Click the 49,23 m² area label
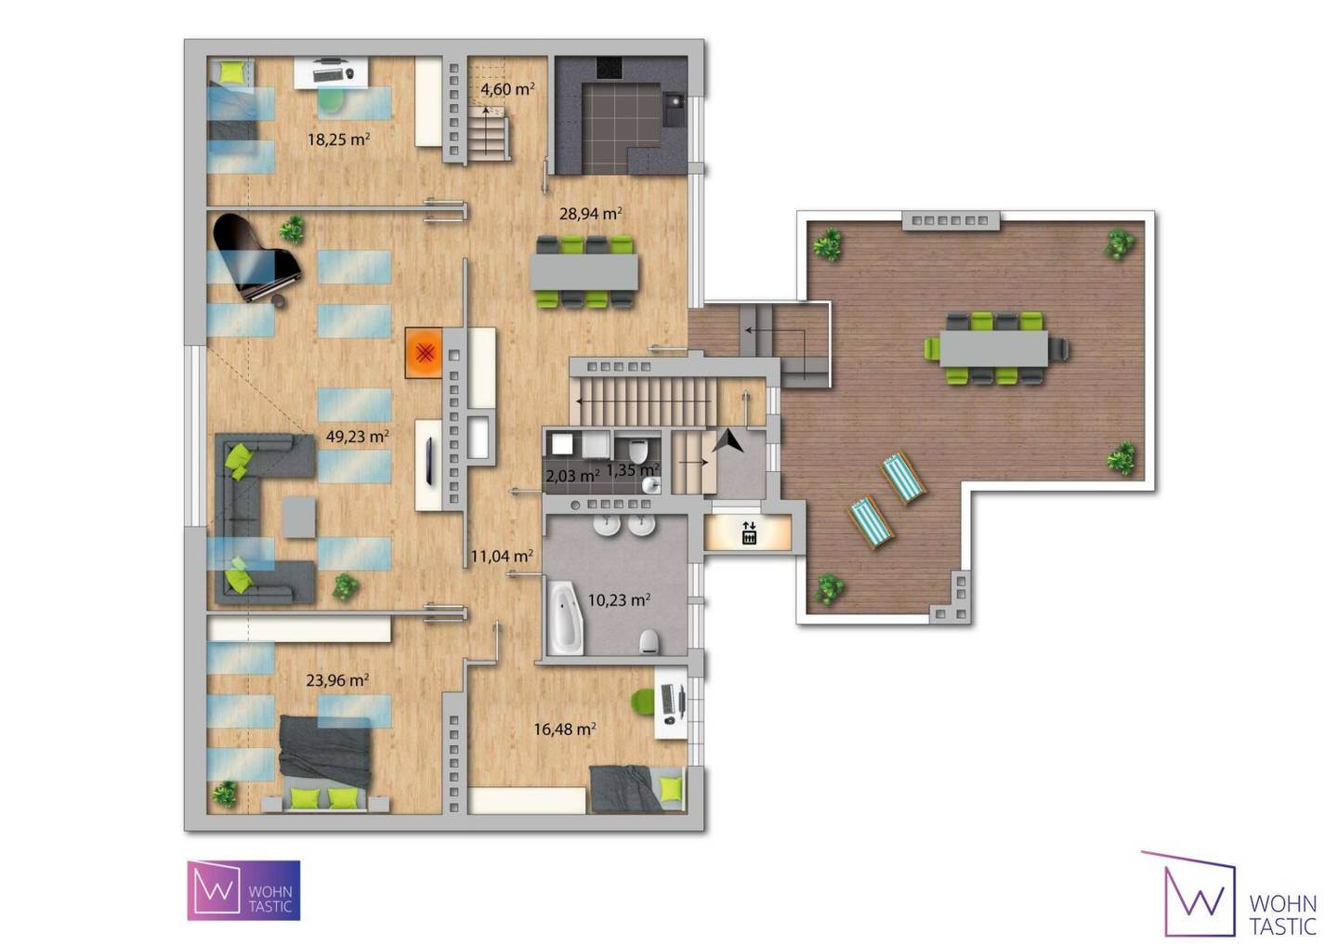[357, 437]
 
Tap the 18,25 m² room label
[338, 139]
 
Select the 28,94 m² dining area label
[591, 213]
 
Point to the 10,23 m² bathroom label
[619, 599]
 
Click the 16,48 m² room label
[565, 729]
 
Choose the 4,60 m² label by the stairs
[507, 89]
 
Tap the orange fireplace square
[424, 353]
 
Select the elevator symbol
[749, 532]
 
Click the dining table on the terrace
[993, 348]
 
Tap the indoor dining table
[584, 271]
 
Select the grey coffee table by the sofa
[298, 518]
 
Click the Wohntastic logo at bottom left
[243, 890]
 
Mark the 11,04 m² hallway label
[502, 556]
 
